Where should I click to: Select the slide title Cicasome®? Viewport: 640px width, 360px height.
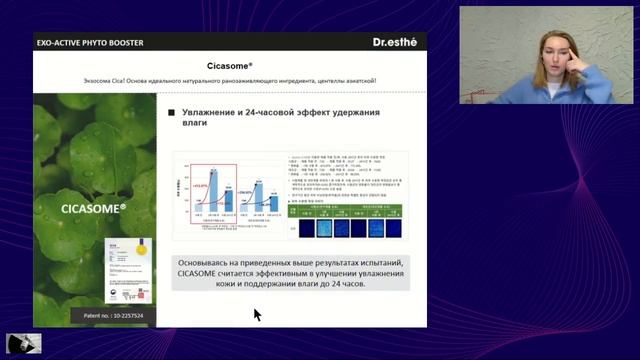[x=229, y=64]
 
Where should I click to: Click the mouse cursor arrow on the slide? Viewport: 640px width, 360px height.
[x=256, y=314]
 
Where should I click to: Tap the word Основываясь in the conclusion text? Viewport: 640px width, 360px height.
[x=209, y=261]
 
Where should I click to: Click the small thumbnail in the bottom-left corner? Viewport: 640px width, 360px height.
[x=24, y=342]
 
